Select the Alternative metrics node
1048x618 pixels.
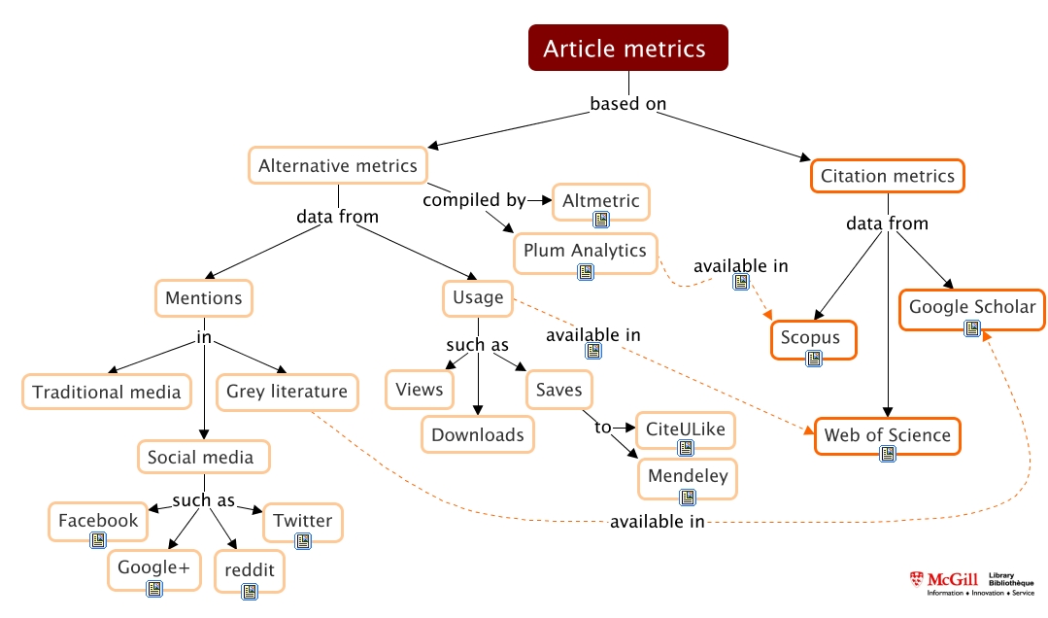coord(337,166)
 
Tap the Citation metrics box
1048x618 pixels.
coord(887,176)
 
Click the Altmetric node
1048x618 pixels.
coord(600,201)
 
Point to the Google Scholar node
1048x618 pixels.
coord(971,308)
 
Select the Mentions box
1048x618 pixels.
coord(203,297)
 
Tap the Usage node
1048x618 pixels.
coord(478,297)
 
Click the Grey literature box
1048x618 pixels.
coord(287,392)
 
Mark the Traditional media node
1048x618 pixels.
coord(106,392)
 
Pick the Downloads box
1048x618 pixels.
coord(478,434)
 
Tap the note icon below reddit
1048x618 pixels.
coord(250,590)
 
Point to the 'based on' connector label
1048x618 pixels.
coord(628,104)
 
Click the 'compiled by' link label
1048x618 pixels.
coord(474,201)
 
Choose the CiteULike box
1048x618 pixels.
coord(686,429)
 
